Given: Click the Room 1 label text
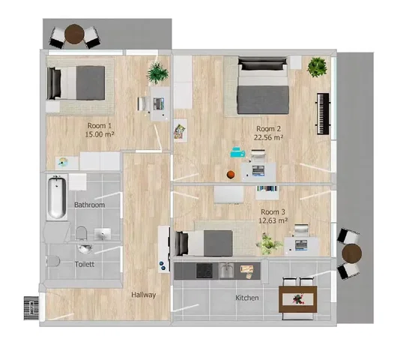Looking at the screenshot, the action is click(100, 125).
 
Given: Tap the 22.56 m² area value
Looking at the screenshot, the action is click(269, 137).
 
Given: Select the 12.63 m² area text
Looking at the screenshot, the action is click(273, 220).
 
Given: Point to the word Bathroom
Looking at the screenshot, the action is click(89, 205).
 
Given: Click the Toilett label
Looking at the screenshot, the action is click(85, 264).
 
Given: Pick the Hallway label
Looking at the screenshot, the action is click(144, 295).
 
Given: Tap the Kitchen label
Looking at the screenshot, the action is click(247, 298).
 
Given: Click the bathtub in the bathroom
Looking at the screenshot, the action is click(57, 197).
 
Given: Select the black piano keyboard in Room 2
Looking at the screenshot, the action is click(323, 114).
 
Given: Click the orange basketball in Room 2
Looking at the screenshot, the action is click(231, 174).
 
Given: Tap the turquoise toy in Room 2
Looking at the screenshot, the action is click(237, 152).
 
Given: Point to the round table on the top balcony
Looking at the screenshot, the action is click(74, 34).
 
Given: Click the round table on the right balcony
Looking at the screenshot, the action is click(352, 253).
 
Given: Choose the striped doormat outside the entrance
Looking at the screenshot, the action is click(31, 308).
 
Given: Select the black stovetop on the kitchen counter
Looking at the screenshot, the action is click(204, 271).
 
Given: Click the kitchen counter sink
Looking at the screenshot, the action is click(227, 271).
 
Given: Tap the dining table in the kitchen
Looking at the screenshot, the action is click(298, 299).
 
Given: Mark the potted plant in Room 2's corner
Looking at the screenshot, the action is click(317, 67).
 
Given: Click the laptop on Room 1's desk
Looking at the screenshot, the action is click(159, 103).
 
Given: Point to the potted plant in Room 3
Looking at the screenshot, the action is click(268, 244).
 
